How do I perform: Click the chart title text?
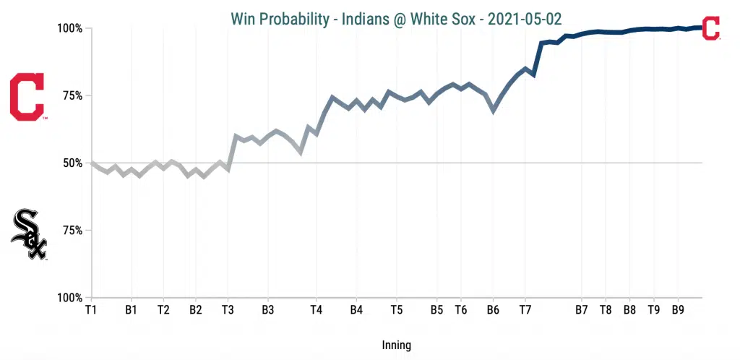coord(395,18)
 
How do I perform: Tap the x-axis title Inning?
coord(395,345)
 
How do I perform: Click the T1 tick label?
coord(91,310)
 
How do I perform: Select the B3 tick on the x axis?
coord(268,310)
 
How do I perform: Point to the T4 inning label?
coord(316,310)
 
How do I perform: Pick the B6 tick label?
coord(493,310)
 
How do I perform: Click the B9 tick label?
coord(678,310)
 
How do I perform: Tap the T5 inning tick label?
coord(396,310)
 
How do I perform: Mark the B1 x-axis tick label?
coord(132,310)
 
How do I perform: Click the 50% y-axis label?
coord(71,163)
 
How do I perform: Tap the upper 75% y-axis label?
coord(71,96)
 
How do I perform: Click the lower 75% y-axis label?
coord(71,231)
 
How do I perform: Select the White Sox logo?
coord(29,234)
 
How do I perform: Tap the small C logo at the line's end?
coord(711,28)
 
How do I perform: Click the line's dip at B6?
coord(494,111)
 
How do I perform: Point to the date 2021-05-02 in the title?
coord(525,18)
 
